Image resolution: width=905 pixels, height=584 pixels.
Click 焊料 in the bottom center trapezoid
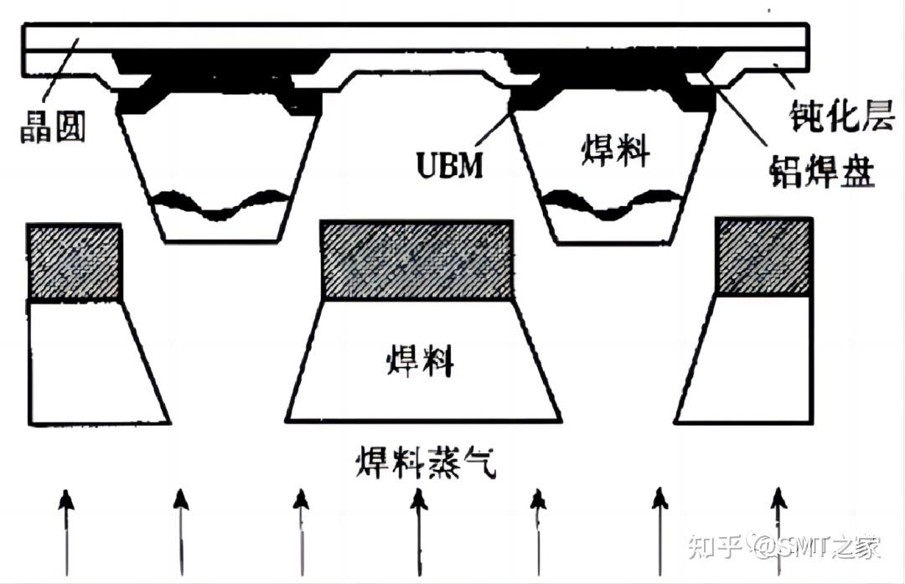click(x=420, y=363)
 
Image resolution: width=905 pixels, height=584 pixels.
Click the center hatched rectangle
click(x=417, y=260)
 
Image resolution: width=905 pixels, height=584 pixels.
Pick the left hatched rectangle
click(x=75, y=261)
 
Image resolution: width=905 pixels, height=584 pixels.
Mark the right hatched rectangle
click(x=763, y=256)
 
